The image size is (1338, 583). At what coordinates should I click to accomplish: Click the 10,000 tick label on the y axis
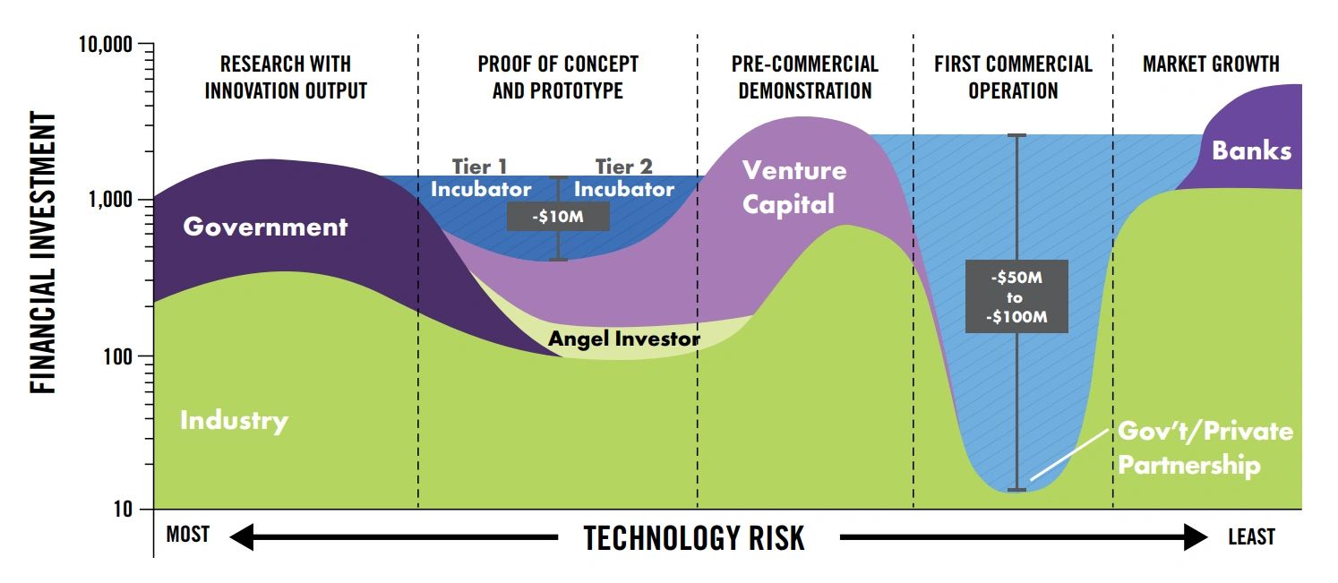click(107, 45)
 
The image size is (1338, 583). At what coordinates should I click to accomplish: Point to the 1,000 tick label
click(113, 201)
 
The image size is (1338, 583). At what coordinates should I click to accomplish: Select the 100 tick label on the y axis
click(122, 357)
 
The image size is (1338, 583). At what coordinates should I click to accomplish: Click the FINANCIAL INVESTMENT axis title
click(43, 253)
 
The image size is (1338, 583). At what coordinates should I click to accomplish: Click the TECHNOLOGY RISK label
click(694, 538)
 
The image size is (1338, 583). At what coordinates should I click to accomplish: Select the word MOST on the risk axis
click(187, 536)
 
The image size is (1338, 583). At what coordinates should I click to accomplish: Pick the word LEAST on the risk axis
click(1251, 536)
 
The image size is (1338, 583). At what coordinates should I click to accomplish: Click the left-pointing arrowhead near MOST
click(242, 537)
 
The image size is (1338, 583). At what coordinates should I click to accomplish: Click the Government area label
click(265, 227)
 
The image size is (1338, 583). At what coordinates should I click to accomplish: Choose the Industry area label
click(234, 420)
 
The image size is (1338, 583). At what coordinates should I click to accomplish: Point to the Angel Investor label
click(623, 339)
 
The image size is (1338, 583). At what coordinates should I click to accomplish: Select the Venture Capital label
click(793, 186)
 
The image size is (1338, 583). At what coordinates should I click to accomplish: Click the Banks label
click(1251, 150)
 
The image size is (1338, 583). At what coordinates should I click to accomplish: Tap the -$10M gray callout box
click(558, 216)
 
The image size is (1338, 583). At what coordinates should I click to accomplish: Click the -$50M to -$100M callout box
click(1016, 296)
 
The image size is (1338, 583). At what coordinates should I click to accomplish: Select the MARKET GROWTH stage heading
click(1211, 64)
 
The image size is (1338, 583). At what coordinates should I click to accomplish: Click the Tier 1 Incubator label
click(480, 178)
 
